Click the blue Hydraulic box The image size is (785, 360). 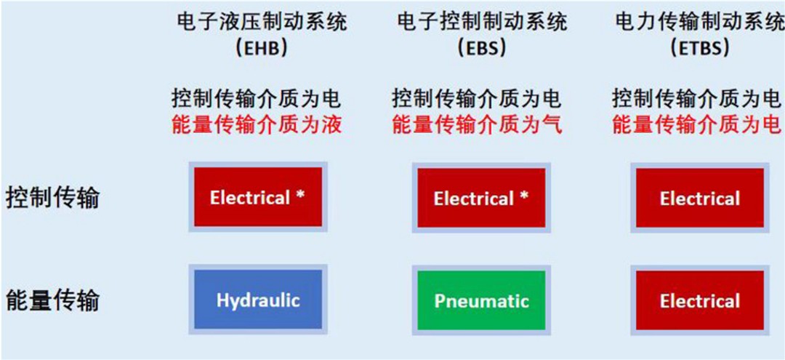(258, 299)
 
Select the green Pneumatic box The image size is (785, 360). (481, 300)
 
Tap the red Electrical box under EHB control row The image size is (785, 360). (258, 197)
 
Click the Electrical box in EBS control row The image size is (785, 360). (481, 197)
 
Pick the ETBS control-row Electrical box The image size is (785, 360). (700, 198)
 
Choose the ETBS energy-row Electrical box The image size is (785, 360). (700, 300)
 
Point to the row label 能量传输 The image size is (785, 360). (52, 300)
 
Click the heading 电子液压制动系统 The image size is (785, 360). (262, 23)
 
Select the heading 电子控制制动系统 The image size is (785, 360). (482, 23)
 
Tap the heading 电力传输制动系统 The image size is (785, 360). (699, 23)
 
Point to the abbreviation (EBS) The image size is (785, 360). (482, 49)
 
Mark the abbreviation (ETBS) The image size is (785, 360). (700, 49)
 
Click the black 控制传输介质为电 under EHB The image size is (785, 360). (257, 99)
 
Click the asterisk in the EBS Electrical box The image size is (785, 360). (523, 196)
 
